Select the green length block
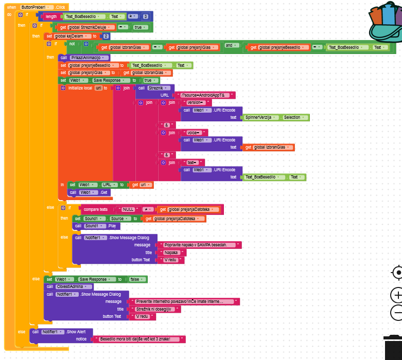coord(50,16)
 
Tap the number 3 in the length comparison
coord(146,16)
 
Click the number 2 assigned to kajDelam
coord(106,36)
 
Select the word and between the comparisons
coord(229,46)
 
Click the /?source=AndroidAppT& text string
coord(205,95)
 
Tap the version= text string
coord(195,102)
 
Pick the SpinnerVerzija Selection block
coord(276,117)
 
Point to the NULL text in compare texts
coord(128,209)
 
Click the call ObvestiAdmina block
coord(69,286)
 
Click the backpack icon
coord(386,26)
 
